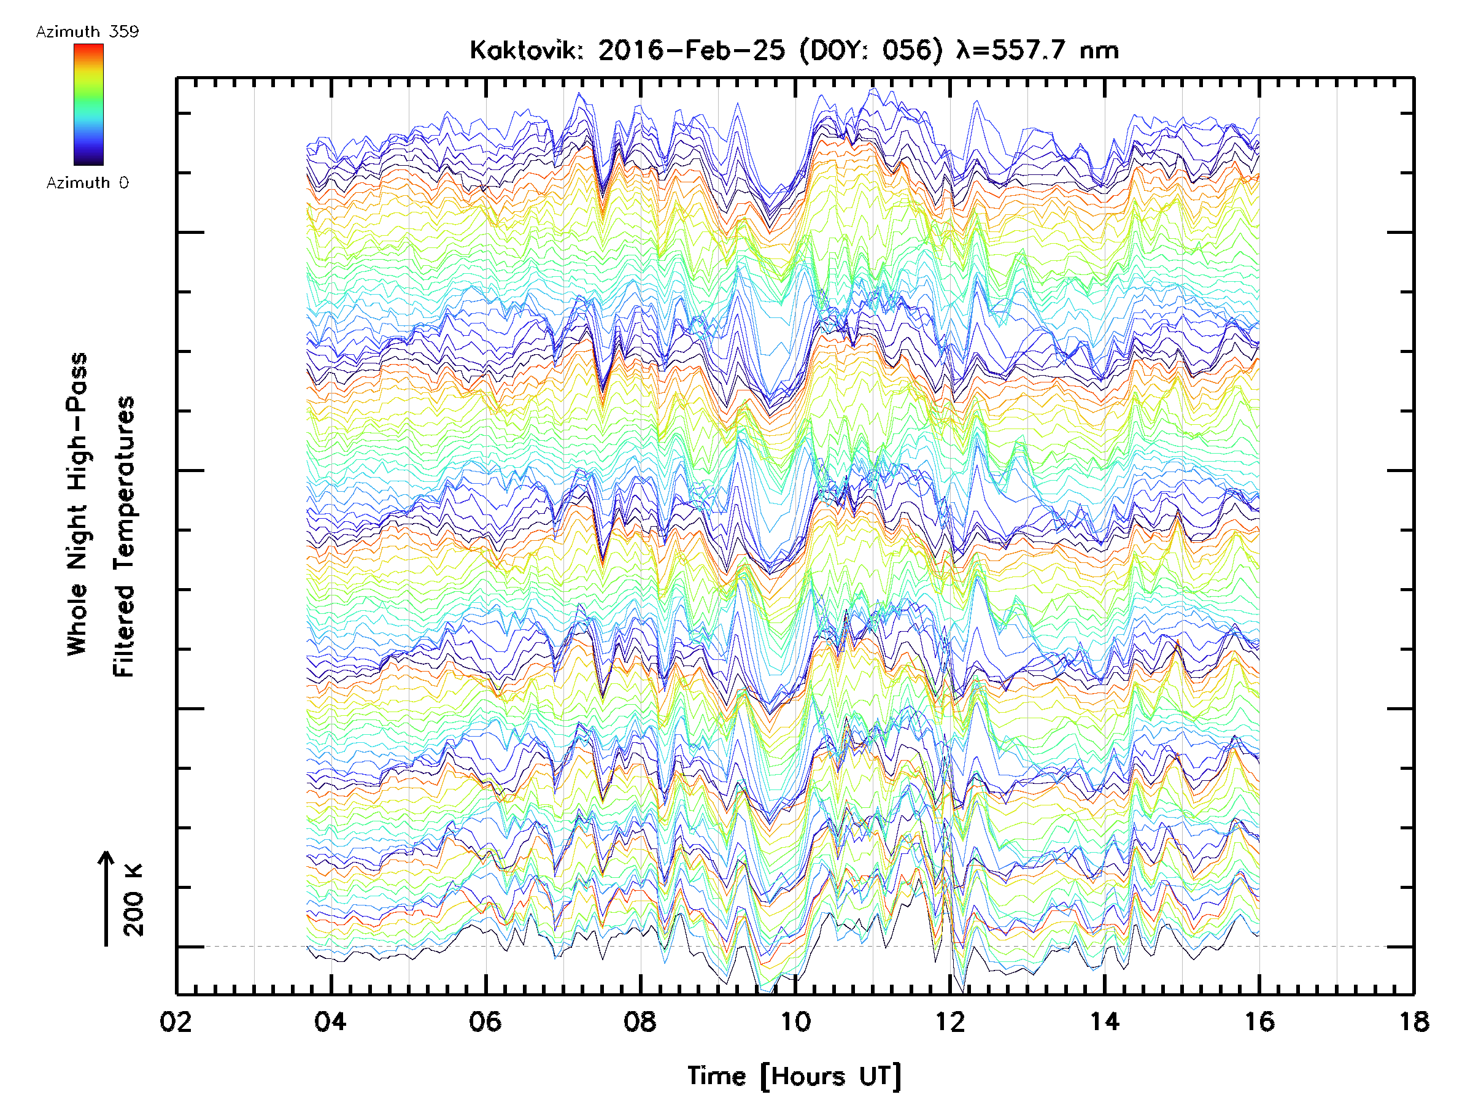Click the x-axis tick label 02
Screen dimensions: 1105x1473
[176, 1021]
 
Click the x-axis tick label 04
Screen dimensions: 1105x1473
[330, 1021]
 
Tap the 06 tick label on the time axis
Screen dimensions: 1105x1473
[485, 1021]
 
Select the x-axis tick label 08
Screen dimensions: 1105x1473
[640, 1021]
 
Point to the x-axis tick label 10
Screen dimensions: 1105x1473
[795, 1021]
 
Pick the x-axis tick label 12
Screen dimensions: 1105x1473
[949, 1021]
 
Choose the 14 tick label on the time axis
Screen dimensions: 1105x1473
[1105, 1021]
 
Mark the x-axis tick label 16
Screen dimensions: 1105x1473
[1259, 1021]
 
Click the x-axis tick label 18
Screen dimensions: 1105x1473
[1413, 1021]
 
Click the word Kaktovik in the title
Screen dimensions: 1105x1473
[526, 50]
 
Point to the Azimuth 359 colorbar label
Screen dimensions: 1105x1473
[87, 32]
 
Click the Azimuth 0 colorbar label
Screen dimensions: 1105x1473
[87, 182]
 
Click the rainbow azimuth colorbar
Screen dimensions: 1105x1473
[88, 104]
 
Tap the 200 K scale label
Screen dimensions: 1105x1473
[133, 899]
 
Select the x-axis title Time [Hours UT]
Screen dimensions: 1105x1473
[794, 1076]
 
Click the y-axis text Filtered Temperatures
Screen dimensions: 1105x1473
[124, 536]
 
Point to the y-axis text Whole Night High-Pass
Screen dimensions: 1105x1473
[77, 504]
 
